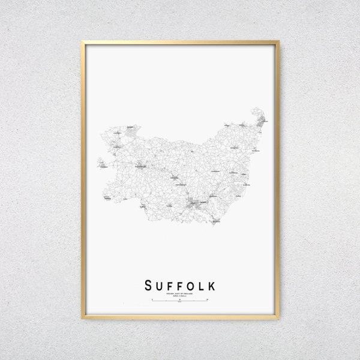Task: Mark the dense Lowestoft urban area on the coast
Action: [261, 122]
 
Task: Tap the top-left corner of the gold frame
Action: [82, 41]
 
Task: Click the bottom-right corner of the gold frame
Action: [278, 319]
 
